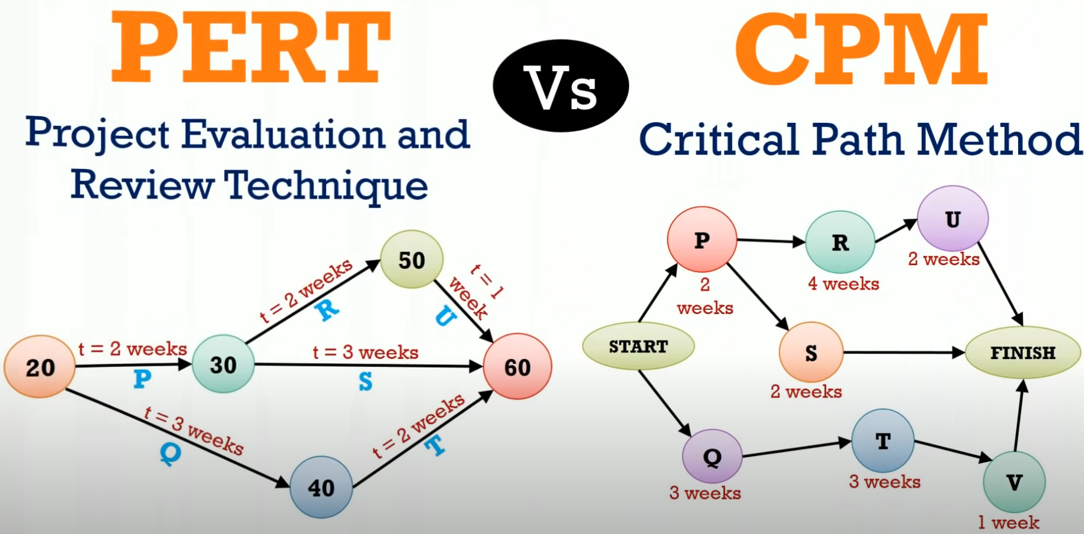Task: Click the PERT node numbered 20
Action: [40, 366]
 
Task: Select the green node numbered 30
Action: [223, 364]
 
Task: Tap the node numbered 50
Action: [412, 259]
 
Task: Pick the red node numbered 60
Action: [517, 366]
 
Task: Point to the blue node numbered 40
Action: [321, 487]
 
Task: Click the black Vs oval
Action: [561, 86]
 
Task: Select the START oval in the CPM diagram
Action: [638, 346]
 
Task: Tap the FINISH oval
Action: [1023, 352]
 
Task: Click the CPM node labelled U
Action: [953, 219]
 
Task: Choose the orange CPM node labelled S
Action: [811, 352]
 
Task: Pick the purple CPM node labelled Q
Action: [712, 457]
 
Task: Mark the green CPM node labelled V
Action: [1014, 482]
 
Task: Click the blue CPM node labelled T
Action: [883, 441]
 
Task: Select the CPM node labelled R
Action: [840, 242]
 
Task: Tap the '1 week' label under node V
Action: [1008, 523]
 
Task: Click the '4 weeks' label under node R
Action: [843, 283]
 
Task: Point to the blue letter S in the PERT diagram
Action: [366, 381]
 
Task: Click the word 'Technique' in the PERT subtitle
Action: [327, 186]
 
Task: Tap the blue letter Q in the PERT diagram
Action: [171, 454]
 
